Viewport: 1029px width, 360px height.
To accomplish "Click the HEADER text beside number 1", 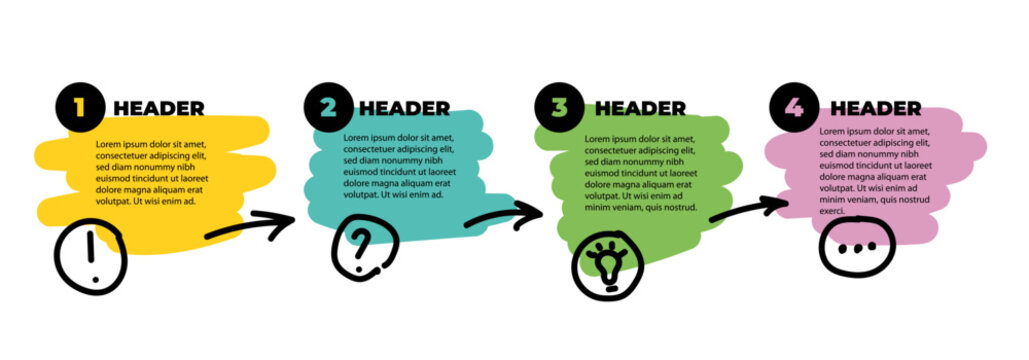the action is click(159, 109).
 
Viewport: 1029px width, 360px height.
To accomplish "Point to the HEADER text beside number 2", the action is click(404, 109).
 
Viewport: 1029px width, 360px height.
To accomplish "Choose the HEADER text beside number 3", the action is click(640, 109).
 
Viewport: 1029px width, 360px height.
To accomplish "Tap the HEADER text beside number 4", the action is click(876, 109).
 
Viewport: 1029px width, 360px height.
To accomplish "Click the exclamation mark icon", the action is click(91, 257).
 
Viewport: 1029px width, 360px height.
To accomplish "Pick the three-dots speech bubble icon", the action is click(856, 248).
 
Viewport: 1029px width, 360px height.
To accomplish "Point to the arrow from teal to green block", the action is click(503, 216).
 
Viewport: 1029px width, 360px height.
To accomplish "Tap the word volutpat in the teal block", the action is click(364, 195).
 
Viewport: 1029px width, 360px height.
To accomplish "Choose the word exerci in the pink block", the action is click(833, 211).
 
